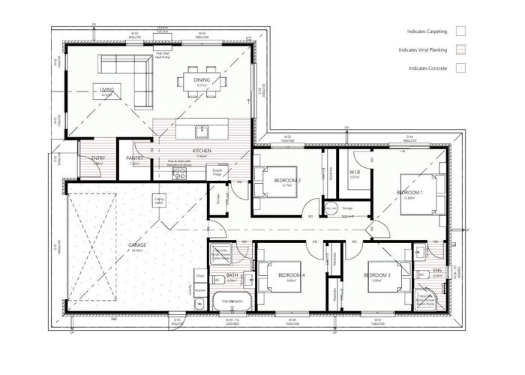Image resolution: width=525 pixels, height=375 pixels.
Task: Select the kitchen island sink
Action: pyautogui.click(x=201, y=131)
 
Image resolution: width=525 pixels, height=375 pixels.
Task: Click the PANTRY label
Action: pyautogui.click(x=135, y=158)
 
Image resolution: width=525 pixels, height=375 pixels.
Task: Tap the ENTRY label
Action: pyautogui.click(x=97, y=158)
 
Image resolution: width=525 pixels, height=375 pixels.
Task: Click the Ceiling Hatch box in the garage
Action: pyautogui.click(x=159, y=201)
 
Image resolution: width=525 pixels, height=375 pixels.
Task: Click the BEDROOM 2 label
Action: pyautogui.click(x=287, y=181)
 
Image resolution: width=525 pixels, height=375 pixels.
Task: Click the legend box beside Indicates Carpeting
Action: pyautogui.click(x=461, y=31)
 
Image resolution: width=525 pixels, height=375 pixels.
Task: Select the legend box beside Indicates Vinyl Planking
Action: pyautogui.click(x=461, y=50)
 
